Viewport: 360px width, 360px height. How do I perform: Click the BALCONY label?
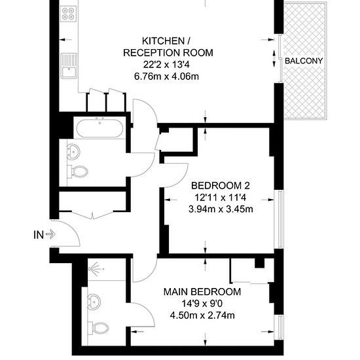pyautogui.click(x=304, y=61)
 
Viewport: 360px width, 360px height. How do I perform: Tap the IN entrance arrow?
pyautogui.click(x=50, y=234)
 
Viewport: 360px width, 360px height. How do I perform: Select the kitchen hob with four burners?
pyautogui.click(x=69, y=14)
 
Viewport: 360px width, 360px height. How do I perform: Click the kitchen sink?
pyautogui.click(x=69, y=66)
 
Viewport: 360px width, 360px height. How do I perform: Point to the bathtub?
pyautogui.click(x=99, y=128)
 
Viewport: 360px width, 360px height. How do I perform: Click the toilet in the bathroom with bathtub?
pyautogui.click(x=78, y=171)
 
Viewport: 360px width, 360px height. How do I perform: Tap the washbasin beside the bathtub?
pyautogui.click(x=73, y=152)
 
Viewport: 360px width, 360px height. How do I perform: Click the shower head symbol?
pyautogui.click(x=95, y=268)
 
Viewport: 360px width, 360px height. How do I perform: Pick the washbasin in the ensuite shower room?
pyautogui.click(x=94, y=302)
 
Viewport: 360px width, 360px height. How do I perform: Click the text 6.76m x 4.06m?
pyautogui.click(x=166, y=77)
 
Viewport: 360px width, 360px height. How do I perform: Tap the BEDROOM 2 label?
pyautogui.click(x=221, y=185)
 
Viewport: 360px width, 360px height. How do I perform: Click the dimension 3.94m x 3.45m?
pyautogui.click(x=221, y=209)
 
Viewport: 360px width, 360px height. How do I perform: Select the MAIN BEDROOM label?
pyautogui.click(x=202, y=292)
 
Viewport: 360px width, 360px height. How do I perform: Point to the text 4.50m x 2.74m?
pyautogui.click(x=202, y=315)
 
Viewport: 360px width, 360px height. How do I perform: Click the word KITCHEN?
pyautogui.click(x=163, y=41)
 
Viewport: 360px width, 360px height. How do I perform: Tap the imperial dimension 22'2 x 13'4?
pyautogui.click(x=166, y=65)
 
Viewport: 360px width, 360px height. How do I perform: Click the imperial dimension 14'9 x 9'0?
pyautogui.click(x=202, y=304)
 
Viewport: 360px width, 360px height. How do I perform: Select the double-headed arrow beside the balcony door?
pyautogui.click(x=274, y=59)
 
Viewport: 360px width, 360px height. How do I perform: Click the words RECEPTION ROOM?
pyautogui.click(x=168, y=53)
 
